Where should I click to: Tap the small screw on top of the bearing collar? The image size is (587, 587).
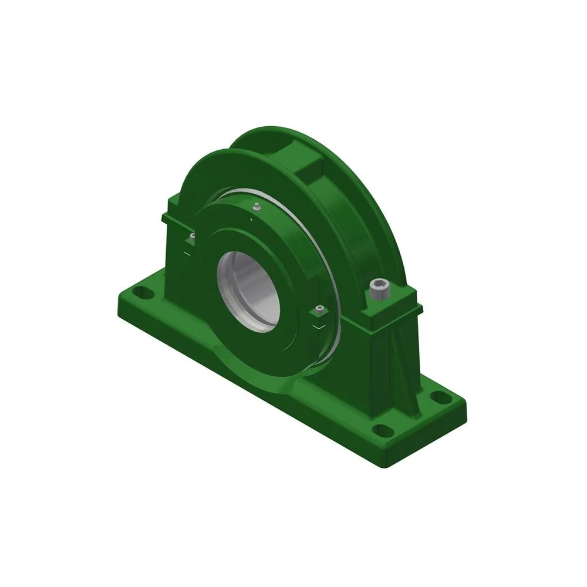(256, 207)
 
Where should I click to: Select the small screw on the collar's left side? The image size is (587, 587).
(192, 237)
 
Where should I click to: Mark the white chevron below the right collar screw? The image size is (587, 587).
(319, 326)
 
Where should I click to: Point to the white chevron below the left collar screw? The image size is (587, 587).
(187, 254)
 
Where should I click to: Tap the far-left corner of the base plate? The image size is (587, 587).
(119, 293)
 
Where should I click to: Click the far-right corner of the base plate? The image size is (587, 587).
(466, 403)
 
